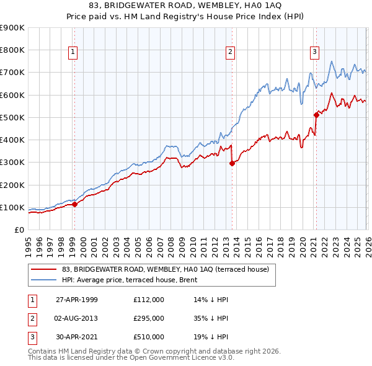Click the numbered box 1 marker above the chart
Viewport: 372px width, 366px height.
[x=73, y=52]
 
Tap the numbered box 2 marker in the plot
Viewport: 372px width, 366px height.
[x=230, y=52]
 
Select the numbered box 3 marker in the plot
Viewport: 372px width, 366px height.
[x=314, y=52]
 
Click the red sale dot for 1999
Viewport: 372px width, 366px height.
[x=75, y=204]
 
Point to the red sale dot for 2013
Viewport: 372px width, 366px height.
[x=232, y=163]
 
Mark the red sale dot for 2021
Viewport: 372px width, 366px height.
[x=316, y=115]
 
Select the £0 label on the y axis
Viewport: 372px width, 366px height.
[x=19, y=230]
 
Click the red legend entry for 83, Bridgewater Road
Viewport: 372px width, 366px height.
[x=165, y=269]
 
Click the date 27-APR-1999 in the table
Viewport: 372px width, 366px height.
[x=77, y=299]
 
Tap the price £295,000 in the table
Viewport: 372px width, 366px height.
[x=148, y=318]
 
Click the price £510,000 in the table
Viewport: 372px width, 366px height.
[x=148, y=337]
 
